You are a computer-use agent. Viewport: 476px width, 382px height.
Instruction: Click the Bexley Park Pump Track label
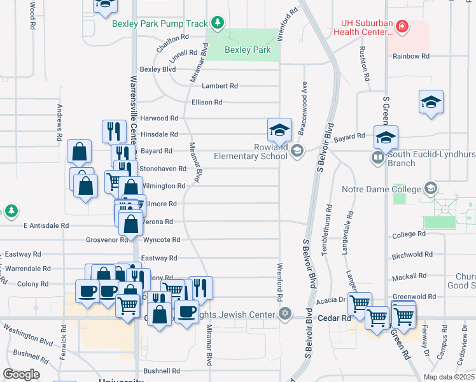pyautogui.click(x=160, y=24)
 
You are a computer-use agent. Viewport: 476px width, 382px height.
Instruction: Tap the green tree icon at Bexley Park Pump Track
pyautogui.click(x=218, y=24)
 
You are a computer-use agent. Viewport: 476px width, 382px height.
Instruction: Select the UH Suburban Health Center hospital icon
pyautogui.click(x=402, y=27)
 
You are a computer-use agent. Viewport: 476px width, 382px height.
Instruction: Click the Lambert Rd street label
pyautogui.click(x=220, y=86)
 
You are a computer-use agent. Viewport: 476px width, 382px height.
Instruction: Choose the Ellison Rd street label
pyautogui.click(x=207, y=102)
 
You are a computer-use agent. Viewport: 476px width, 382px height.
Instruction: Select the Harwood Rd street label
pyautogui.click(x=159, y=118)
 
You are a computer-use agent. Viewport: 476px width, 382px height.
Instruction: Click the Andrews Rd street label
pyautogui.click(x=59, y=122)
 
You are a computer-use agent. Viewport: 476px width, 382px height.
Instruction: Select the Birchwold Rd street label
pyautogui.click(x=412, y=255)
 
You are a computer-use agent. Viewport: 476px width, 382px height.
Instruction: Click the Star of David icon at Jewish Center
pyautogui.click(x=285, y=313)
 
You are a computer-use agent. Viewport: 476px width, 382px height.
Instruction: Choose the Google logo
pyautogui.click(x=21, y=374)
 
